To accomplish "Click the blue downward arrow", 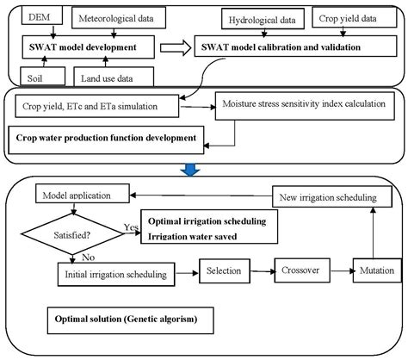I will [x=203, y=169].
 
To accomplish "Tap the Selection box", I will [x=223, y=271].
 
